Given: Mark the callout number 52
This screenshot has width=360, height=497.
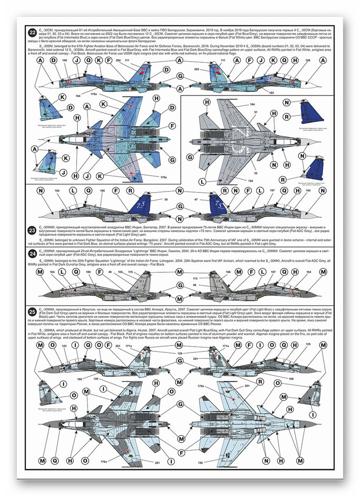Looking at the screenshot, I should coord(255,174).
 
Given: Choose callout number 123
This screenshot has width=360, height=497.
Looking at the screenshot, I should coord(64,346).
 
